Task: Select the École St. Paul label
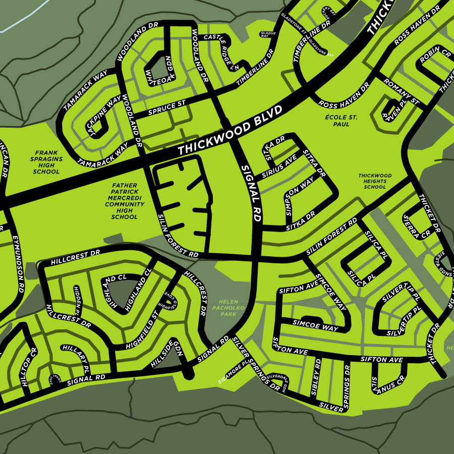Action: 341,120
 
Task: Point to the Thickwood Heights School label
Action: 375,181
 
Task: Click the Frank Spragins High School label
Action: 46,162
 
